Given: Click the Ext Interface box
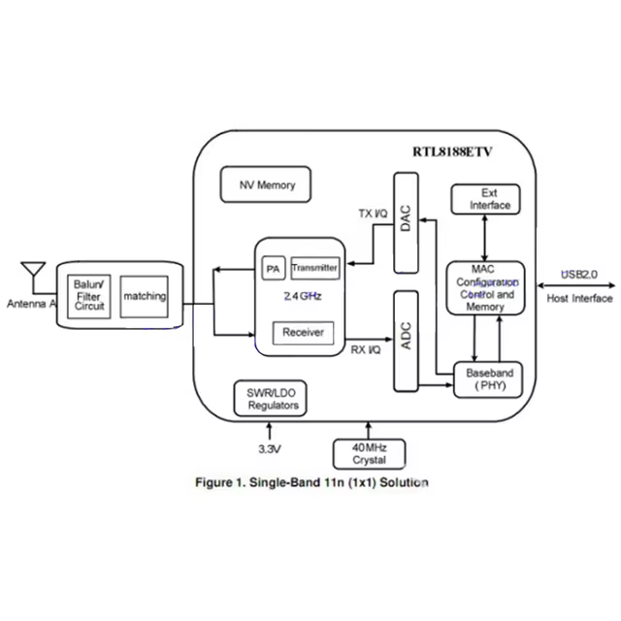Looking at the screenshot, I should coord(483,199).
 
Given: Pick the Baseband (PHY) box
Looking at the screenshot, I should coord(488,379).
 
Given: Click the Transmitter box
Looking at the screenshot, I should coord(314,267).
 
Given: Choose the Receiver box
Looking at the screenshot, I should coord(302,333).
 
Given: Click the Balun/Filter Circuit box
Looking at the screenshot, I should coord(88,296).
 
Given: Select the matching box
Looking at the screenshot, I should coord(144,296).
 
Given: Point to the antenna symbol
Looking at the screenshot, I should coord(32,272).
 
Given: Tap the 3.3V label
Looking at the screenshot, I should coord(269,449).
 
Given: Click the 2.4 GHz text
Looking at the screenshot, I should coord(302,295).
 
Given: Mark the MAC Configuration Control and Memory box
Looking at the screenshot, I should coord(486,287).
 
